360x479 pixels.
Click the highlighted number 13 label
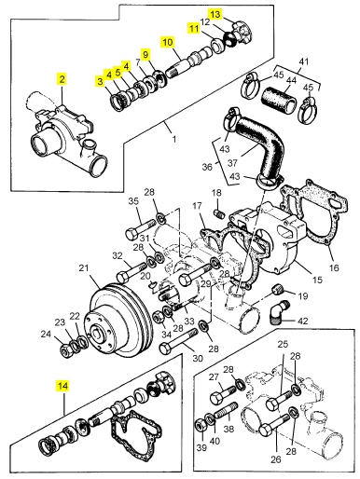215,14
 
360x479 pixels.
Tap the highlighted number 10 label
168,42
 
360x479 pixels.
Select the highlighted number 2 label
62,79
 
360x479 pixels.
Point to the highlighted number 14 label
62,386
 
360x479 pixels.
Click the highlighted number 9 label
145,54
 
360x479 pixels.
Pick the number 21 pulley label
84,267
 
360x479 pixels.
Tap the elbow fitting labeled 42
279,312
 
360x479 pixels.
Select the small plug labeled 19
278,290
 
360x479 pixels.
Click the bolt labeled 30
178,341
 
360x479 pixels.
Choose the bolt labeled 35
141,229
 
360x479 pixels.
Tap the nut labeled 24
66,351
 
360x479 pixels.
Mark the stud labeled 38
226,410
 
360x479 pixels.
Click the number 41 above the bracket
303,62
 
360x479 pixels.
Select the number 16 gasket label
334,267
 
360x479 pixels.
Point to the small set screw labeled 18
219,213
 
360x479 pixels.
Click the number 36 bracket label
207,167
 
